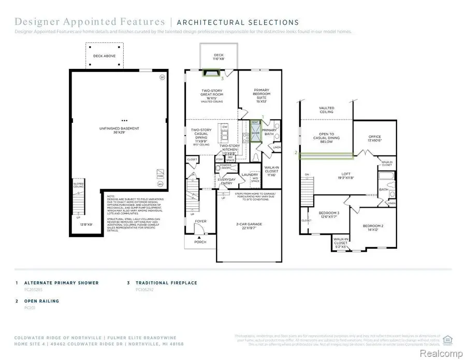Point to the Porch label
[200, 241]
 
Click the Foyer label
[200, 221]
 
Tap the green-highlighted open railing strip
[326, 154]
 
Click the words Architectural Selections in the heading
[238, 22]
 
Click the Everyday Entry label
[226, 181]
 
